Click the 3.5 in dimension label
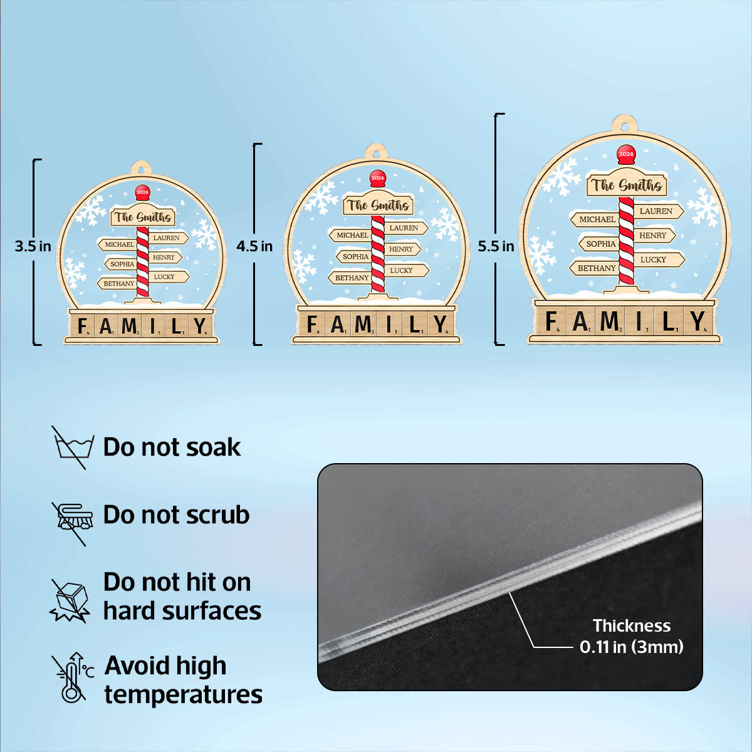(33, 246)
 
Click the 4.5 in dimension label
(254, 246)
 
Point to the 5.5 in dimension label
(496, 246)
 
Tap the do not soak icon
(73, 447)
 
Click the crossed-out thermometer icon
(73, 677)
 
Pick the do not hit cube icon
(70, 600)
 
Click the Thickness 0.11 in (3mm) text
(632, 636)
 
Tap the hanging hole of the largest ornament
(625, 127)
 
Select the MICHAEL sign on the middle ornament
(350, 235)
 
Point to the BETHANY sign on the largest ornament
(594, 268)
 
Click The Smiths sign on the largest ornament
(626, 185)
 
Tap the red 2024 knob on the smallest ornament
(142, 193)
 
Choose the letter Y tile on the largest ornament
(697, 321)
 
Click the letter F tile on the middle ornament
(312, 324)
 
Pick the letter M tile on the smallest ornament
(129, 326)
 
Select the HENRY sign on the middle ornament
(402, 249)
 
